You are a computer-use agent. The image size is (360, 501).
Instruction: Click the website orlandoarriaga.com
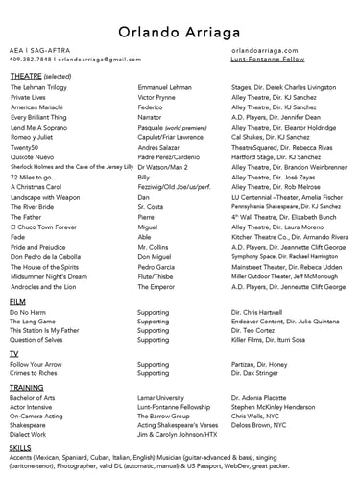coord(266,48)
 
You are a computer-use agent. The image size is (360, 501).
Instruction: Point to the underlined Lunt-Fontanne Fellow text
coord(267,59)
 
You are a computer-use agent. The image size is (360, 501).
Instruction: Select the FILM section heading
coord(17,301)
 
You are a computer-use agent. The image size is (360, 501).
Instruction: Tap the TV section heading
coord(14,353)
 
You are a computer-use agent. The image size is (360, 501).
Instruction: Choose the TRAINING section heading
coord(26,386)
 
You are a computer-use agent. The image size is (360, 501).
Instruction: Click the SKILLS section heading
coord(20,447)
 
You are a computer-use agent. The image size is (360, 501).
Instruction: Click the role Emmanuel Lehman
coord(165,86)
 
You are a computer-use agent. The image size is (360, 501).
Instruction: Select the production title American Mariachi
coord(36,107)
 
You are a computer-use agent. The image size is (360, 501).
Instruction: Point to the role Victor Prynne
coord(157,97)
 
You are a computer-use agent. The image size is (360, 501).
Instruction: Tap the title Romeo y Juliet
coord(34,137)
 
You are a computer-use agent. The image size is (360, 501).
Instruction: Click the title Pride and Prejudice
coord(38,247)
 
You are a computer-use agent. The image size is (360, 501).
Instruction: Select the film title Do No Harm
coord(29,312)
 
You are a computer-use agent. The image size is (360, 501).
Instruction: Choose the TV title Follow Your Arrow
coord(36,364)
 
